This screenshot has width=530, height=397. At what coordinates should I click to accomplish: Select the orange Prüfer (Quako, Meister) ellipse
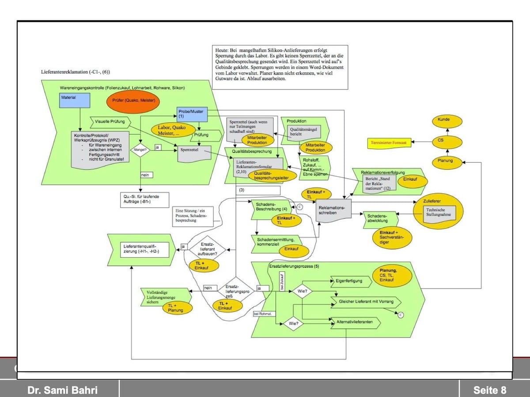coord(133,100)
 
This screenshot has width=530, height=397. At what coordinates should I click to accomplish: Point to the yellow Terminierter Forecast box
coord(389,142)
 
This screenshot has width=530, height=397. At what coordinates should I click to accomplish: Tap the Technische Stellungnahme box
coord(439,213)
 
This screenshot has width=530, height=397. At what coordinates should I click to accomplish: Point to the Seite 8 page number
coord(489,390)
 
